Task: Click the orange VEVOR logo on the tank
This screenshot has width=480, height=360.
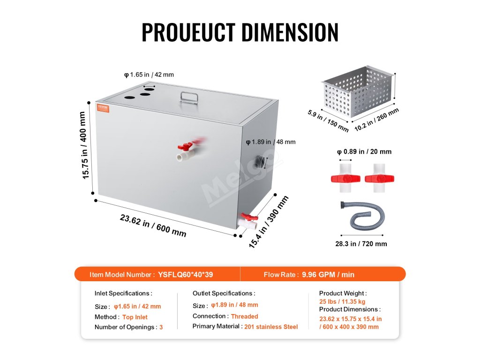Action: tap(103, 107)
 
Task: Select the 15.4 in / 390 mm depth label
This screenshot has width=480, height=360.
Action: tap(269, 222)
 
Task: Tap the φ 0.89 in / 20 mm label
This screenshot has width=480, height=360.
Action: tap(364, 151)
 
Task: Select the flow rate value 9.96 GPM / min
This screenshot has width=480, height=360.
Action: tap(329, 275)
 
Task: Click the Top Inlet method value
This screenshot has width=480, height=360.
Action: tap(135, 317)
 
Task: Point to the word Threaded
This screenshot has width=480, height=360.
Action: tap(245, 316)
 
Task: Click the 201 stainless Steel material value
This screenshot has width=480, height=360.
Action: tap(271, 327)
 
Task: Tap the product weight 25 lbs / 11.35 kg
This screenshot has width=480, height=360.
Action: tap(342, 301)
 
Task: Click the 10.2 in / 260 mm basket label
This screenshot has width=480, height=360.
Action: tap(376, 120)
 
